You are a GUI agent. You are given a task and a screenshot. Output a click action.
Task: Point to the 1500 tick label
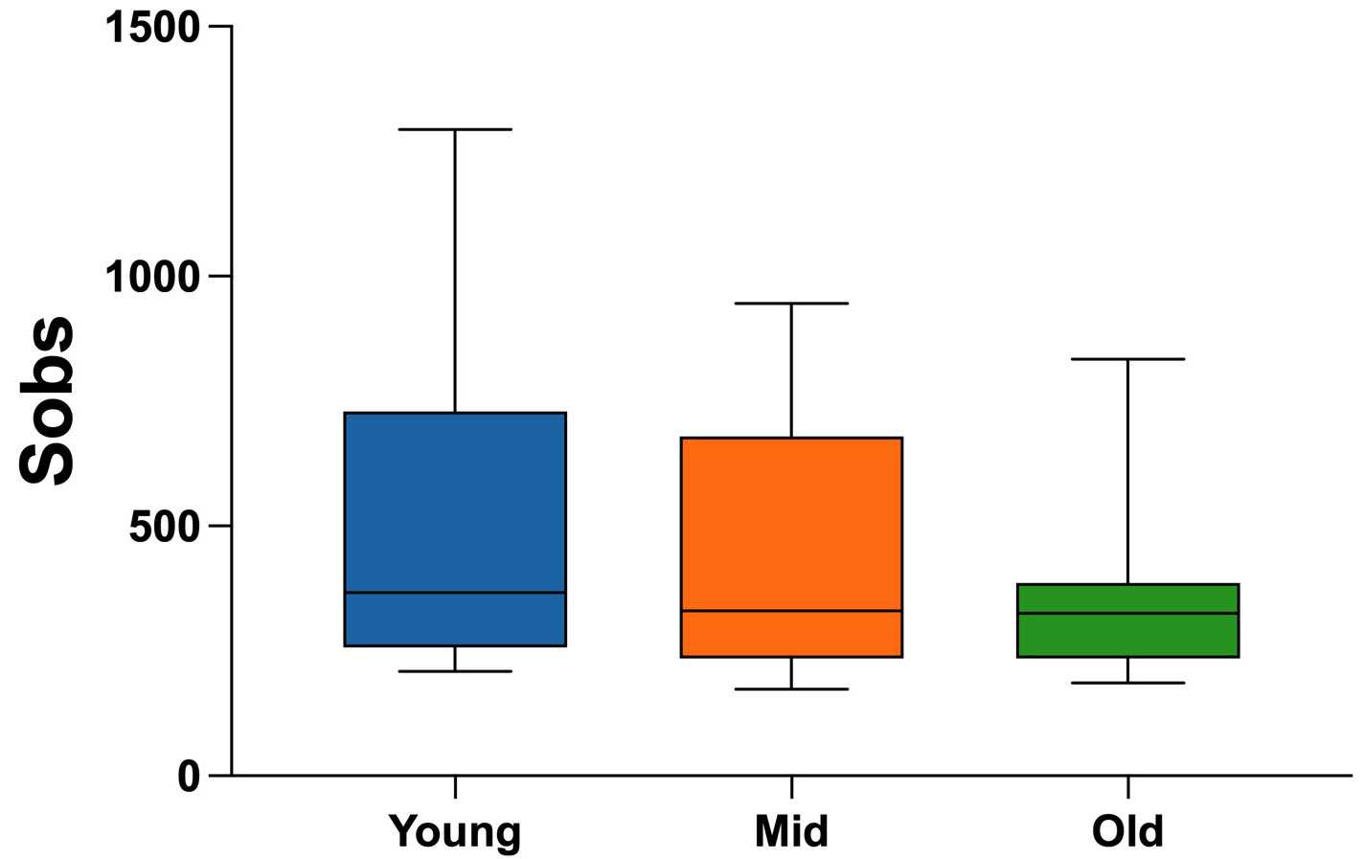tap(152, 28)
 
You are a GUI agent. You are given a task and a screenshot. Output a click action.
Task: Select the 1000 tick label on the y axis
tap(152, 277)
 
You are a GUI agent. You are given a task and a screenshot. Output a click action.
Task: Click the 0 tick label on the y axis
tap(189, 776)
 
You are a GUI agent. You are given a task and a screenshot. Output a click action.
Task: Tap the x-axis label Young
tap(455, 831)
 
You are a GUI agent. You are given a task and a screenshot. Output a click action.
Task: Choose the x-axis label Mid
tap(791, 830)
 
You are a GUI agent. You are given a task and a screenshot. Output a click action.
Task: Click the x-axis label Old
tap(1128, 830)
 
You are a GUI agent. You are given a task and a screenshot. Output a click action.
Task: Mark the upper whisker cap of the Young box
tap(455, 129)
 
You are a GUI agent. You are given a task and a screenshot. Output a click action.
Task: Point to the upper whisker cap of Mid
tap(791, 304)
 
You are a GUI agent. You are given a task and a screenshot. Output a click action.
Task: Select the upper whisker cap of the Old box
tap(1128, 359)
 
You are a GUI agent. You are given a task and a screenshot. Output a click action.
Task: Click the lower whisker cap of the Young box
tap(455, 671)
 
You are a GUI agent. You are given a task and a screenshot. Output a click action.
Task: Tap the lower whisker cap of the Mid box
tap(791, 689)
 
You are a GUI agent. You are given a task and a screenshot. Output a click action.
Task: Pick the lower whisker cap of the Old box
tap(1128, 683)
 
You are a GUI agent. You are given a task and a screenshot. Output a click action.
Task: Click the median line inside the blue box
tap(455, 593)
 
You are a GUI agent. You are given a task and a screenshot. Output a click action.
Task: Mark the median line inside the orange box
tap(791, 611)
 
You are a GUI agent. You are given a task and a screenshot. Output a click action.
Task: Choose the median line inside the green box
tap(1128, 613)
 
